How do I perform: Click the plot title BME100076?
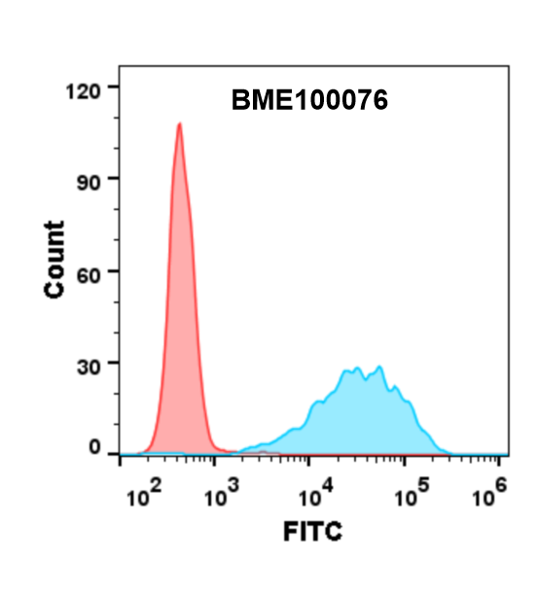pos(310,100)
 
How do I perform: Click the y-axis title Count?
pos(54,260)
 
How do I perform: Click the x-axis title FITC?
pos(312,532)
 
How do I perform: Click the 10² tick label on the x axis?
pos(143,497)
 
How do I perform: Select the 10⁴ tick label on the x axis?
pos(314,497)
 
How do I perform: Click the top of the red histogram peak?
pos(180,123)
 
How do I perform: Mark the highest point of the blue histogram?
pos(379,367)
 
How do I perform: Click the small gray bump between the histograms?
pos(261,451)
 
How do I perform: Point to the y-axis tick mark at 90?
pos(116,179)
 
